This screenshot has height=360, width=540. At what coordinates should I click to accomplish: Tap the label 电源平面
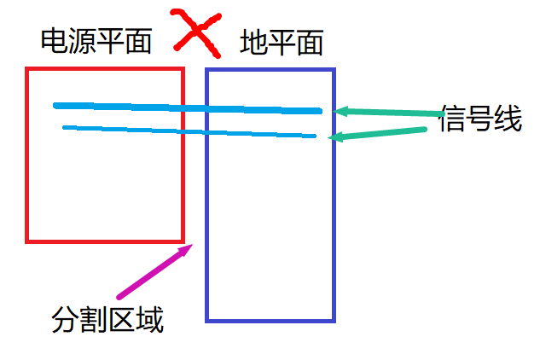pos(96,41)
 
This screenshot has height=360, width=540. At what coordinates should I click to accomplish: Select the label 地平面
pos(282,42)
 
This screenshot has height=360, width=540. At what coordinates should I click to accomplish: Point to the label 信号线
pos(480,119)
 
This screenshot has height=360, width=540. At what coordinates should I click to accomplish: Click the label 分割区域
pos(107,320)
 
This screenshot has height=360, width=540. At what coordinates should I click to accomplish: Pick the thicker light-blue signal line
pos(188,108)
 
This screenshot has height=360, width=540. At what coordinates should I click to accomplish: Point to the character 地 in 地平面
pos(253,42)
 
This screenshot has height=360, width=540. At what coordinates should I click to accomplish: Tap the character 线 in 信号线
pos(508,119)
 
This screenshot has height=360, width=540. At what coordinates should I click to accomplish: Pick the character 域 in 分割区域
pos(149,320)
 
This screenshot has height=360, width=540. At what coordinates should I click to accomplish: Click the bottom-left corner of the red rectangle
pos(28,241)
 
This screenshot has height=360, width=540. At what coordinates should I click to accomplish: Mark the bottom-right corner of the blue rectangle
pos(333,320)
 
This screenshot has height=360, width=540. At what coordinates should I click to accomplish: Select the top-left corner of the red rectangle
pos(28,69)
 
